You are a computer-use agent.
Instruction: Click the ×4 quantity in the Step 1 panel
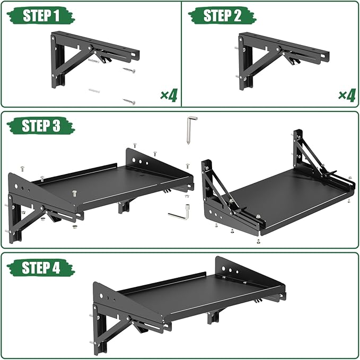pos(169,95)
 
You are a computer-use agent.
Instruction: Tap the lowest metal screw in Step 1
pos(129,101)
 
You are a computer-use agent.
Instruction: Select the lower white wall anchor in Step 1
pos(95,91)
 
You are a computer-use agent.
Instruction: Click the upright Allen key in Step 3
pos(189,130)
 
